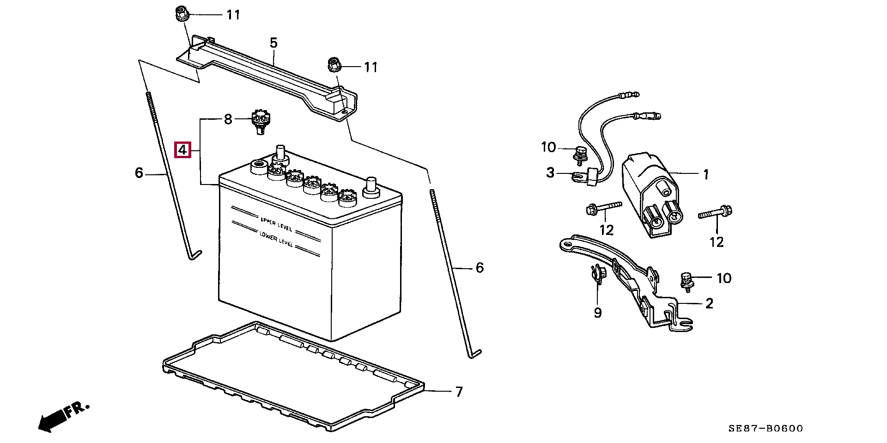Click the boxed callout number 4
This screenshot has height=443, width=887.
click(x=182, y=150)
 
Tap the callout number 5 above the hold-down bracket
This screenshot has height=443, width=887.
click(x=273, y=43)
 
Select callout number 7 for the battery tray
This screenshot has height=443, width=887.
click(x=458, y=392)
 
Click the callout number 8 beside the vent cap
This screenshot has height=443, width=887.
click(x=228, y=120)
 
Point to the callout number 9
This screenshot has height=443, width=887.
click(x=598, y=313)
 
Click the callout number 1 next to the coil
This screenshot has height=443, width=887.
click(x=705, y=174)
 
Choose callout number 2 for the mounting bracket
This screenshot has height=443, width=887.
click(x=709, y=303)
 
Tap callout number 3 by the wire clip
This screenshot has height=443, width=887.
click(x=550, y=173)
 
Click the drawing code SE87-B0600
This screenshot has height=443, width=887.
click(x=765, y=429)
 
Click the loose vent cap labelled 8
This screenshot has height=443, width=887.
click(x=260, y=121)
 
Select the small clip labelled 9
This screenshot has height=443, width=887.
click(x=596, y=274)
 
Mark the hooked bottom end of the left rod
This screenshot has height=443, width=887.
click(x=195, y=255)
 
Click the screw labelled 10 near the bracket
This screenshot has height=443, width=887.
click(x=686, y=281)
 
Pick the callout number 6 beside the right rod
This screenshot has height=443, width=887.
click(x=480, y=268)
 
